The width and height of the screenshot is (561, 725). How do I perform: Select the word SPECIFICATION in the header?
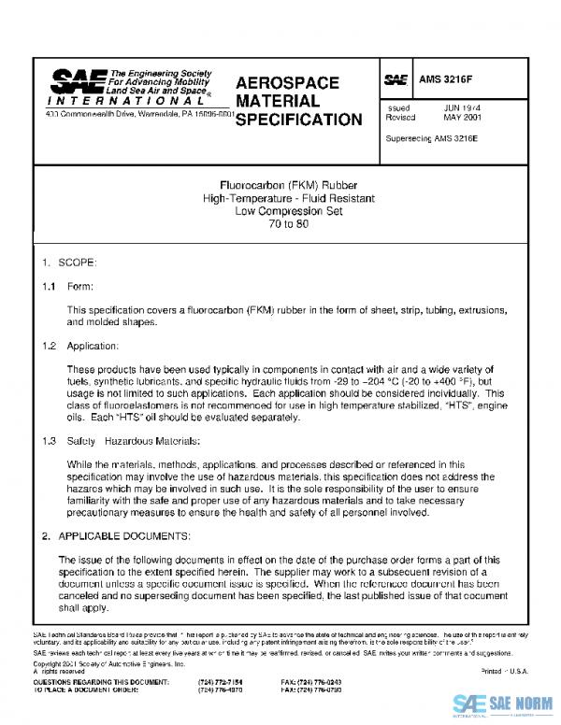pos(298,120)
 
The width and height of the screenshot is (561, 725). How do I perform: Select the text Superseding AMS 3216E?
pos(431,139)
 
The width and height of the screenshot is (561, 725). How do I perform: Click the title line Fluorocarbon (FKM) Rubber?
pos(280,185)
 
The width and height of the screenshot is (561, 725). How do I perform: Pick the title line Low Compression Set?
pos(280,211)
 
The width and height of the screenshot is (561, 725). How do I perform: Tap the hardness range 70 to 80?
pos(280,224)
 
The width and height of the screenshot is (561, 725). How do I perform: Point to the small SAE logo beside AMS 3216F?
pos(396,80)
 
